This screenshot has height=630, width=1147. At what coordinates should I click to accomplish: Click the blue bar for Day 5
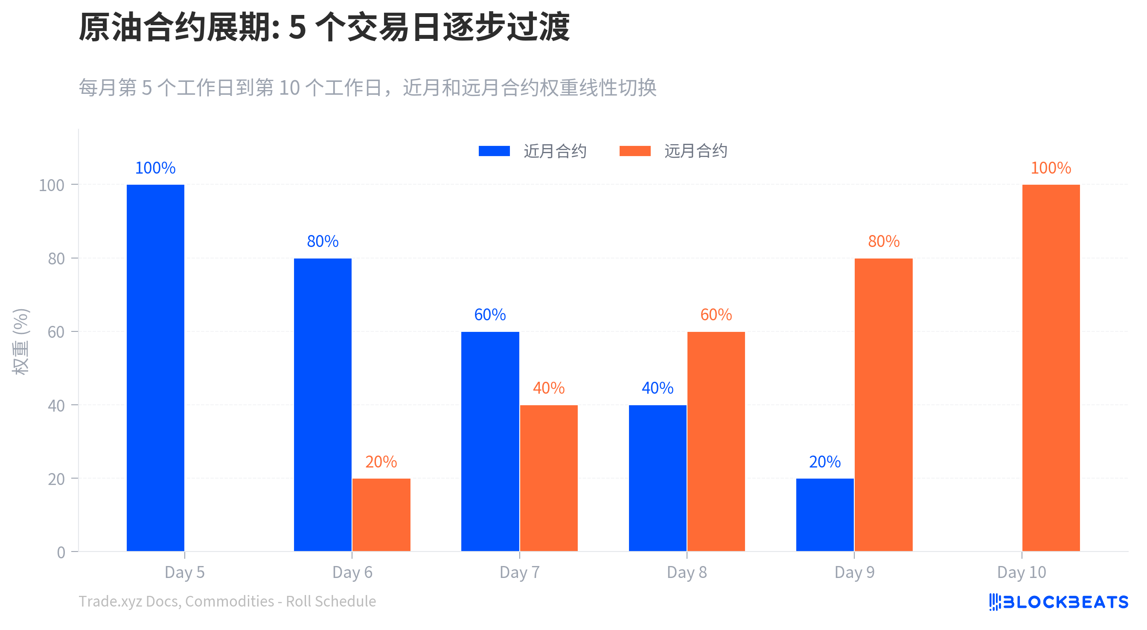[x=155, y=368]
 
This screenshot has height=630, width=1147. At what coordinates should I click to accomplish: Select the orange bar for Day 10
[x=1051, y=368]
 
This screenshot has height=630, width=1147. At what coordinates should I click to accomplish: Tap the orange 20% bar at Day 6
[x=381, y=515]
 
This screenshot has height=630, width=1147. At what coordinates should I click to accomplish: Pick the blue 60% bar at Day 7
[x=490, y=441]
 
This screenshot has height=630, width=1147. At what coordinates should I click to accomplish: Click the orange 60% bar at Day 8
[x=716, y=441]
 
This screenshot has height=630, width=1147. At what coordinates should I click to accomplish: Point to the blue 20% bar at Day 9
[x=825, y=515]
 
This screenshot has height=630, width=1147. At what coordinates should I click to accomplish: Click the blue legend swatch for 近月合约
[x=494, y=151]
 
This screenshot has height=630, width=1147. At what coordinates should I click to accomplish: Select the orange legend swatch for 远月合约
[x=635, y=151]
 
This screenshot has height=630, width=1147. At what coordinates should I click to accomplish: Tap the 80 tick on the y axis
[x=56, y=258]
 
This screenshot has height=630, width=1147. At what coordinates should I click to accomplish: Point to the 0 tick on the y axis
[x=61, y=552]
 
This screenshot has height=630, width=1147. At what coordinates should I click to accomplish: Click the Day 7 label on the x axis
[x=519, y=572]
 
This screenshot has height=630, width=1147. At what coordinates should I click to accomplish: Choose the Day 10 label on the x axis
[x=1022, y=572]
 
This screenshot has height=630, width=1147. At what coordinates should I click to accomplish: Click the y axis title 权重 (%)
[x=20, y=342]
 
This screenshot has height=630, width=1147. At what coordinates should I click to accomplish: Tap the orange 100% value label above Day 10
[x=1051, y=168]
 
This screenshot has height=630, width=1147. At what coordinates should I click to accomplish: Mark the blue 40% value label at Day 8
[x=657, y=388]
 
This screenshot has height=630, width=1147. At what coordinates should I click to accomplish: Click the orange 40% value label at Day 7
[x=549, y=388]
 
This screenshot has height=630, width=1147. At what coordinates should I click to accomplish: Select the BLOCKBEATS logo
[x=1058, y=602]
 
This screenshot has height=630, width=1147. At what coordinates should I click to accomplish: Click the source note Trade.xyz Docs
[x=227, y=601]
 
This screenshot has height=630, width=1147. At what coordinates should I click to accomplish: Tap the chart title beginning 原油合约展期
[x=324, y=27]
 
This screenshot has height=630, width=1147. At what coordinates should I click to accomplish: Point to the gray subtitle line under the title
[x=367, y=88]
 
